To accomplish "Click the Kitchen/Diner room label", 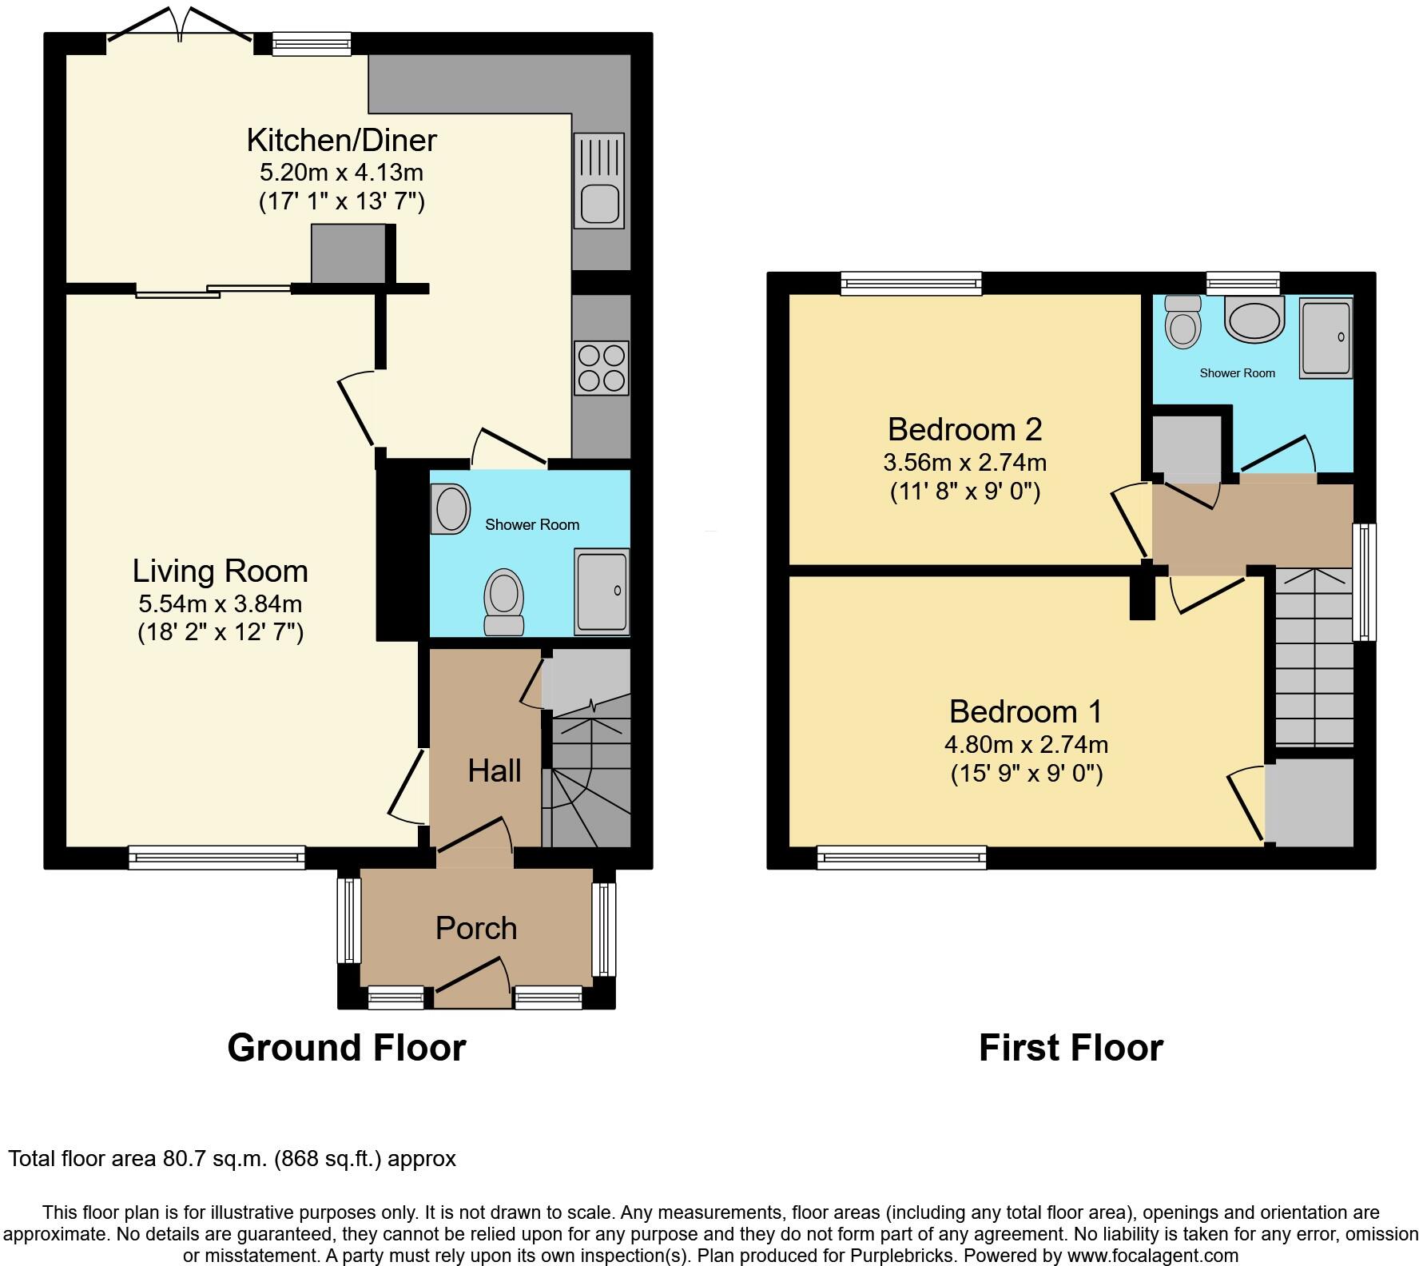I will [x=341, y=140].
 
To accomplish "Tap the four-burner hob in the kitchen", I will [x=601, y=368].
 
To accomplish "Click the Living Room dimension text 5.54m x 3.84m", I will [x=220, y=603].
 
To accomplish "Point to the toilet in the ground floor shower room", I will [x=503, y=601].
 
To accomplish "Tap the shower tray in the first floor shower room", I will [x=1326, y=338].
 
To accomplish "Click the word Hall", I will [x=494, y=770].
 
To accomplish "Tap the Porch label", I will [x=476, y=928].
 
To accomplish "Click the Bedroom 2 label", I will [x=964, y=429].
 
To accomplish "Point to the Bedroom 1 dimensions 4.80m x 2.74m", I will [x=1026, y=744].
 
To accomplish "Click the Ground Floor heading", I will [x=346, y=1047].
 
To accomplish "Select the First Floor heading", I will [x=1071, y=1047].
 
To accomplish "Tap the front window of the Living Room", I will [x=217, y=858].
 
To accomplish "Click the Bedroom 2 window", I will [x=911, y=283].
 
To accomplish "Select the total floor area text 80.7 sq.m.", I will [x=232, y=1159].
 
